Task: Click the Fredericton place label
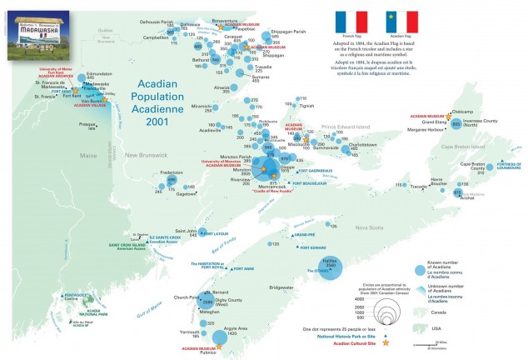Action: [172, 172]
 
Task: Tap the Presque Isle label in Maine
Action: [87, 126]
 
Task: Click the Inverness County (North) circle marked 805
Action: [456, 124]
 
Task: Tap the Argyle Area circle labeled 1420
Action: [220, 337]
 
